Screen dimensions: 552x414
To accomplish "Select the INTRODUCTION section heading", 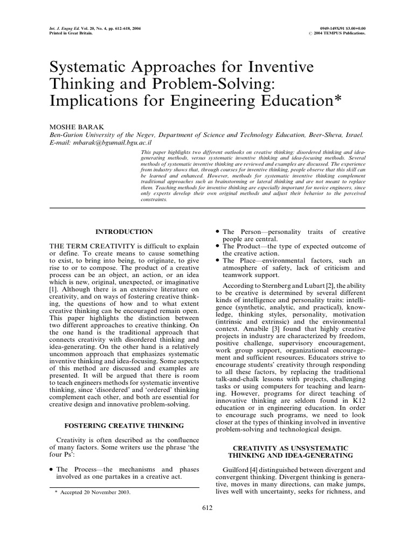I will [x=124, y=232].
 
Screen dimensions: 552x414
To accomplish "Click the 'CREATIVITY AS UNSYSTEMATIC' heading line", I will [x=290, y=448].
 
